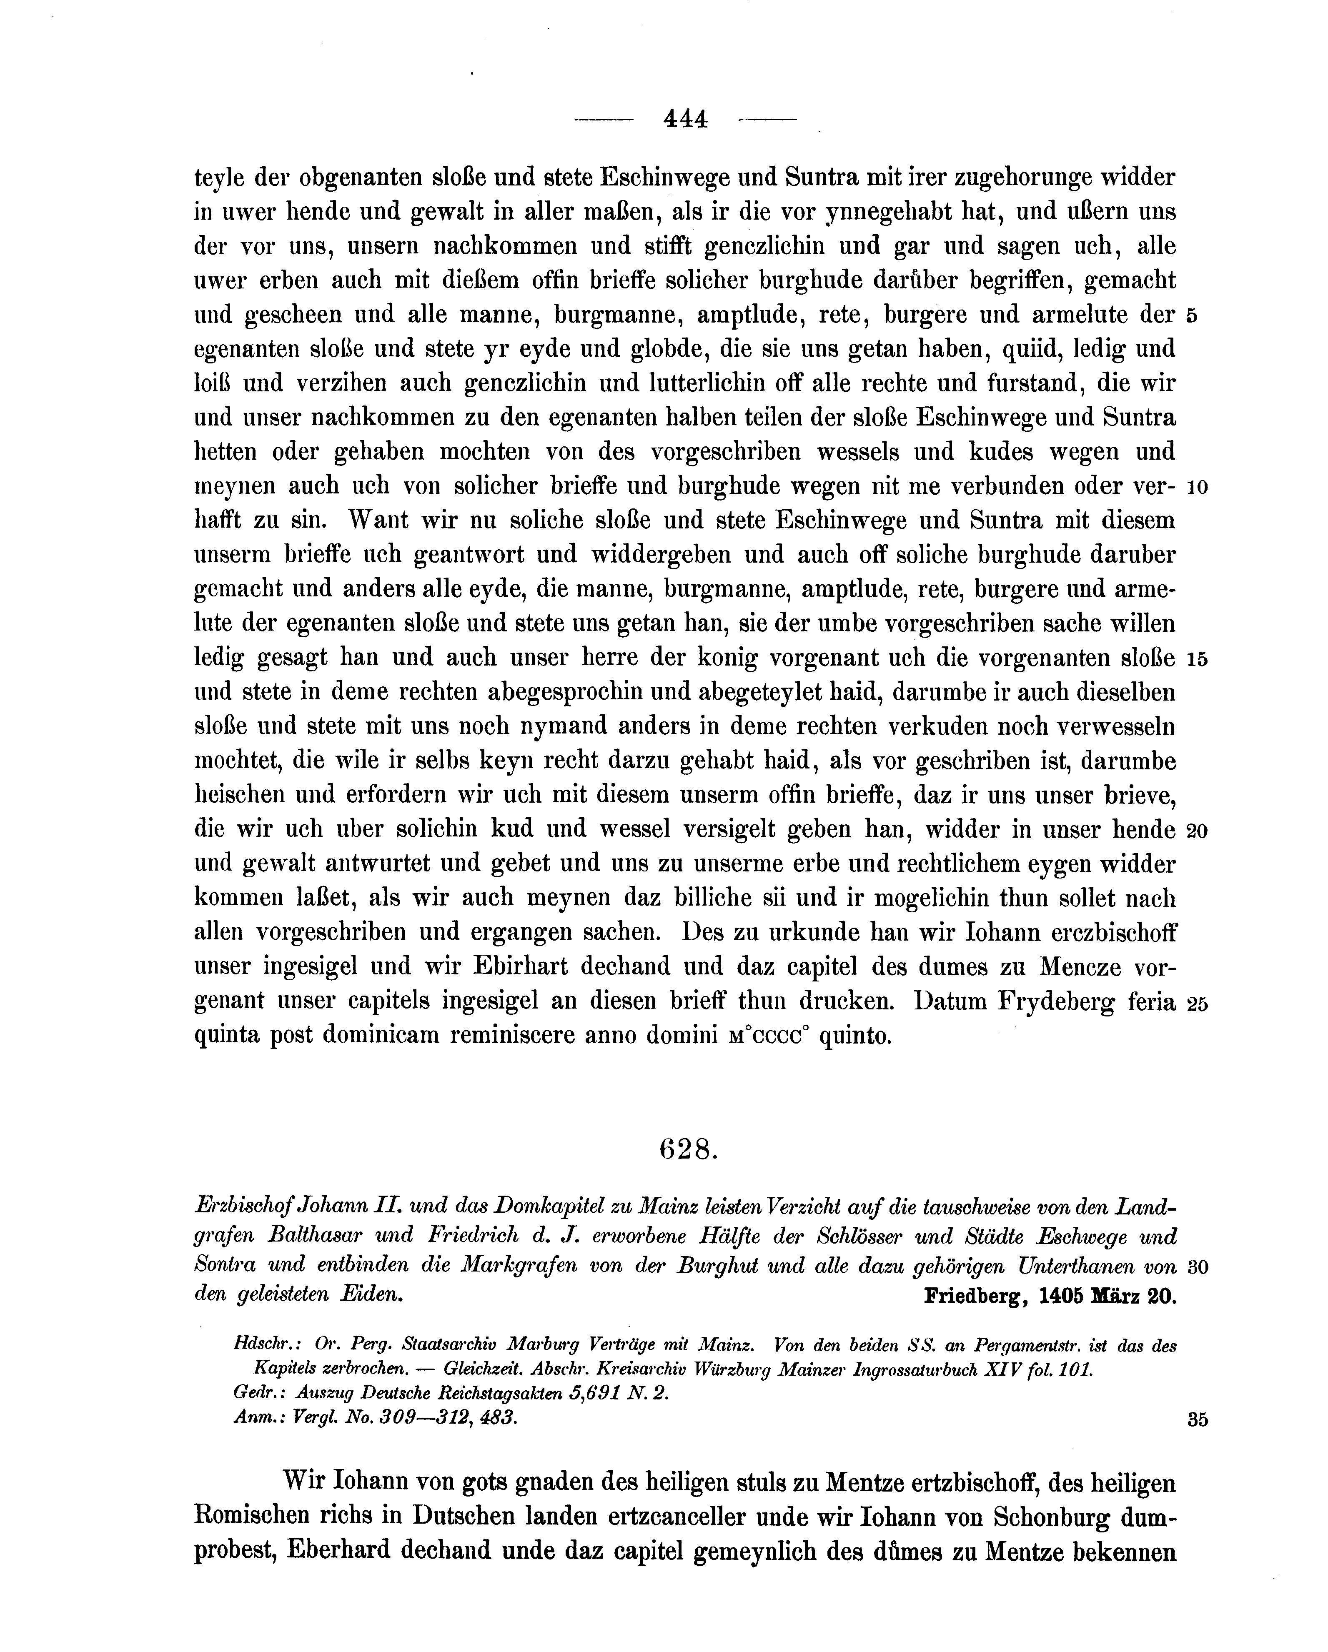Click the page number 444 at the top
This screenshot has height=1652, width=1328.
click(685, 119)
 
